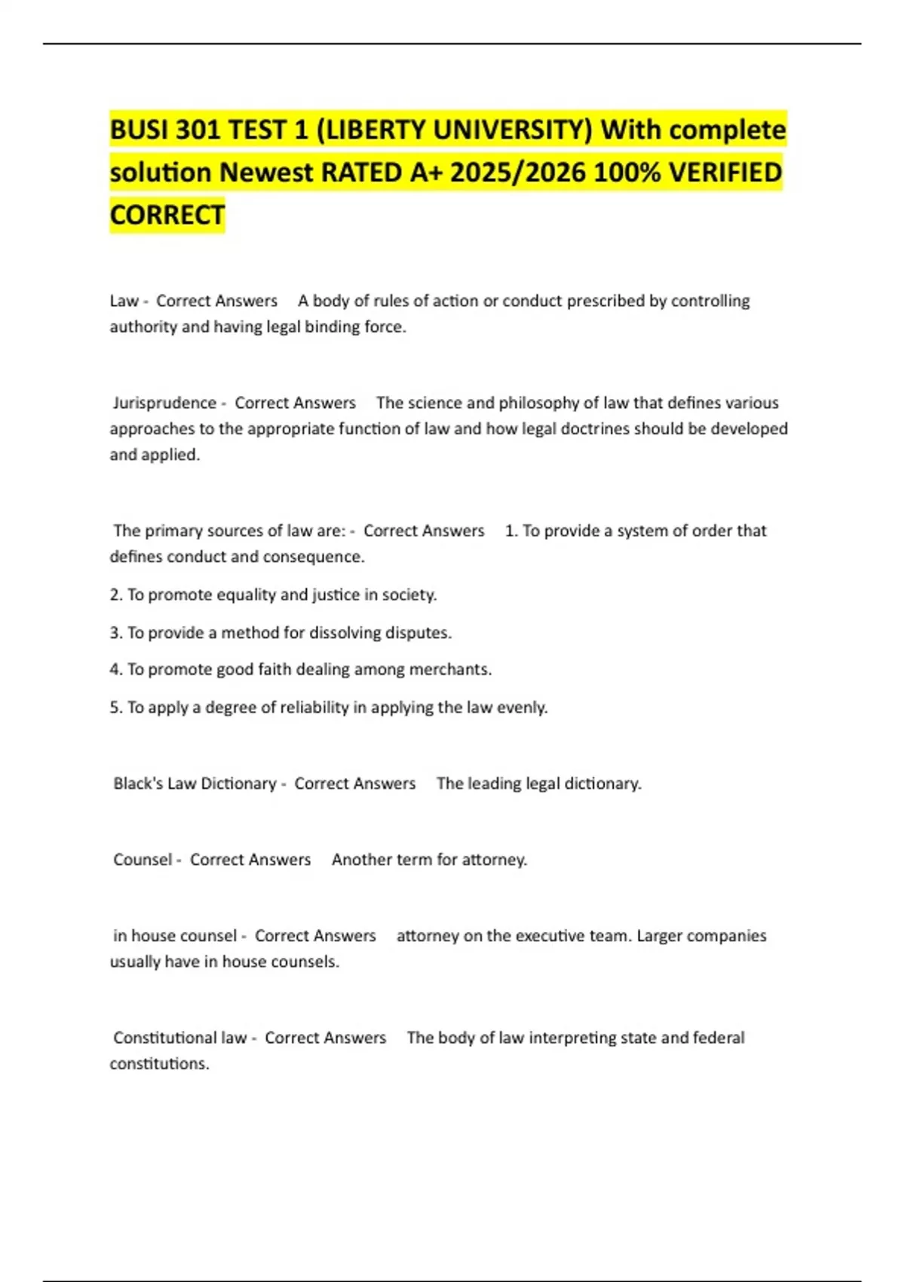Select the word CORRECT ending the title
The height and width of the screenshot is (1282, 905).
167,215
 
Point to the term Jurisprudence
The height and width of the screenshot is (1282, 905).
164,403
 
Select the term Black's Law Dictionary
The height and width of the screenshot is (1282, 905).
195,784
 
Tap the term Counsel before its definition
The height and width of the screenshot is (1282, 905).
142,860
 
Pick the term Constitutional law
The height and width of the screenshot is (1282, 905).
179,1038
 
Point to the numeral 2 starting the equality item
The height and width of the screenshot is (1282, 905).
115,595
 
